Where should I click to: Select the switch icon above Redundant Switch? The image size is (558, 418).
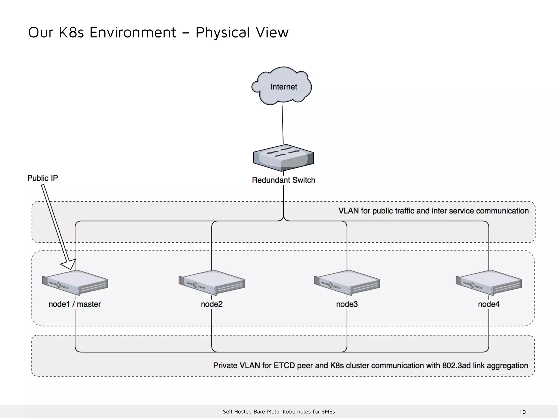coord(283,158)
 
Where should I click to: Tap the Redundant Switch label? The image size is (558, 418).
coord(283,180)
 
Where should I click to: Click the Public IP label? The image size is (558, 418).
coord(43,178)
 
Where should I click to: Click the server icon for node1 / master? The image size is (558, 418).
coord(75,282)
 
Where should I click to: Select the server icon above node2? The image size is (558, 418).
coord(212,282)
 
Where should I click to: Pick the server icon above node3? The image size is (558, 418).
coord(347,282)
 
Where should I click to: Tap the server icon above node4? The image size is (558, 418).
coord(489,282)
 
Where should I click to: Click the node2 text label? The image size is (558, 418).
coord(212,304)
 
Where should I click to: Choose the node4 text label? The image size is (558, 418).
coord(489,304)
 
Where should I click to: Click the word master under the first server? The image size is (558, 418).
coord(89,304)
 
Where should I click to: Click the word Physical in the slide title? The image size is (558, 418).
coord(223,32)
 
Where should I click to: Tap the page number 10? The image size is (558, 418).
coord(522,412)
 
